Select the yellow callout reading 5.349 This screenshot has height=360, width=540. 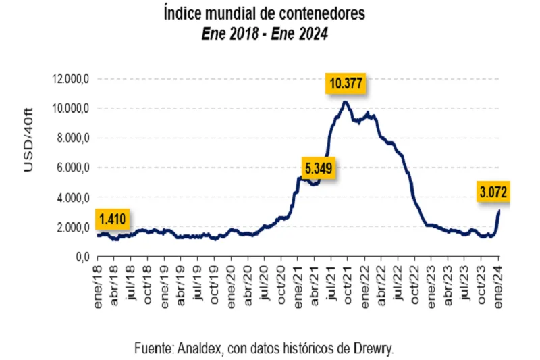point(317,167)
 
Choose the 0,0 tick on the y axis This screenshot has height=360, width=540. point(82,257)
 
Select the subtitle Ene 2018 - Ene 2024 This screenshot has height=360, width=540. point(264,34)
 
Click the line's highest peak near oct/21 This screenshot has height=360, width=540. point(345,102)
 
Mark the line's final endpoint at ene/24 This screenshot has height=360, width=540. point(499,211)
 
